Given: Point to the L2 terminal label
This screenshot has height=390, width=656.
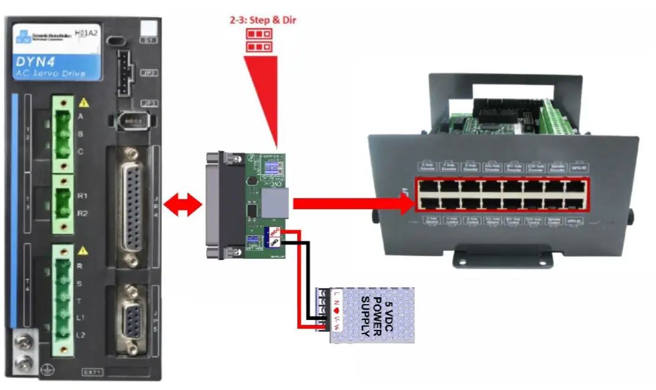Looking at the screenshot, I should pos(81,335).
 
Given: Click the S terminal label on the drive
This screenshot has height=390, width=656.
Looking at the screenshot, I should pos(80,283).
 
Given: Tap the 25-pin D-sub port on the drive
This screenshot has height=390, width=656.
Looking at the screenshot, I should pos(131,202).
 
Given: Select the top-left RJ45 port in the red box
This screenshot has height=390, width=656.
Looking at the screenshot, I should pos(429,187).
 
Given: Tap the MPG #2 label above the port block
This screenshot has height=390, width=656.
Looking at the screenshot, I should pos(576,166).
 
